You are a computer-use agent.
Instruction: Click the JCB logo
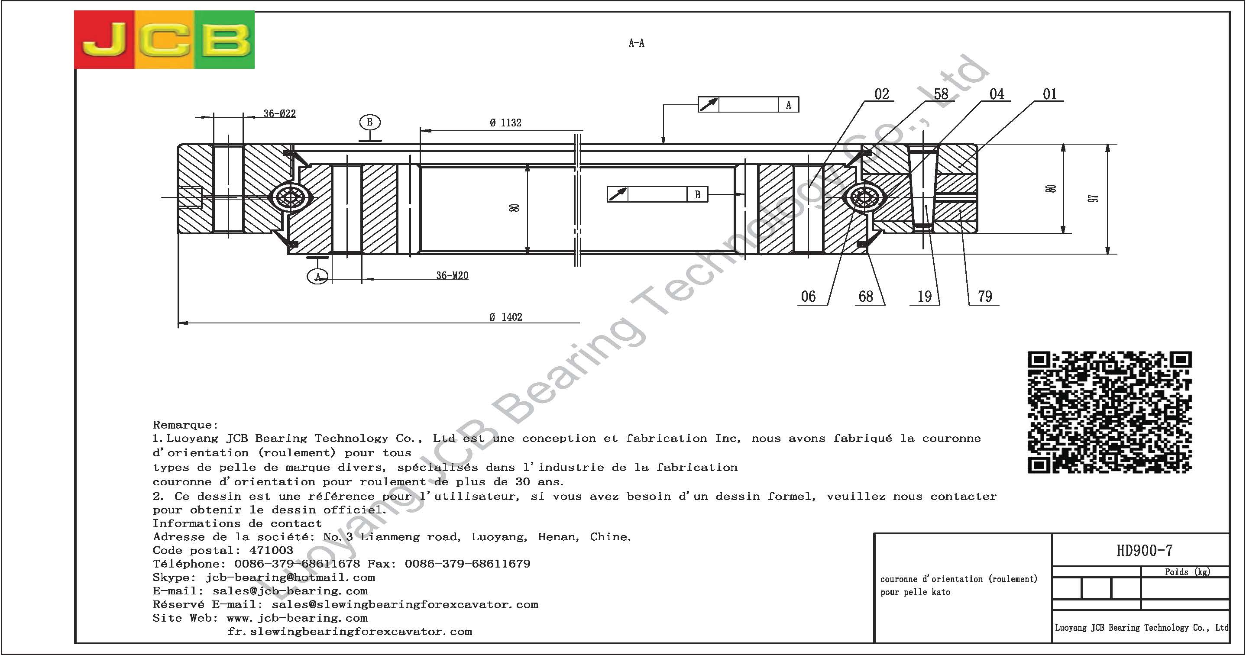click(x=165, y=40)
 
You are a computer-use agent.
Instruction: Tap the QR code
click(x=1109, y=412)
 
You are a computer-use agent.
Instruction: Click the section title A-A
click(x=636, y=43)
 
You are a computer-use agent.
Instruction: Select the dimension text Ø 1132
click(x=505, y=123)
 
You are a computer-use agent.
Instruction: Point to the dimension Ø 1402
click(x=505, y=317)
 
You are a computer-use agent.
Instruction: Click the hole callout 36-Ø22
click(x=280, y=113)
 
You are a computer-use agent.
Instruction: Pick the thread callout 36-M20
click(x=452, y=275)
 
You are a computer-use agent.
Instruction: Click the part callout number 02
click(x=881, y=94)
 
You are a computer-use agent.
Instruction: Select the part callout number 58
click(x=941, y=94)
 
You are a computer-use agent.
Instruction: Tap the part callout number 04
click(x=997, y=94)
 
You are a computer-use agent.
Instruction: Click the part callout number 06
click(x=808, y=296)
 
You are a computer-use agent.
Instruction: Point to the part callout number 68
click(x=866, y=296)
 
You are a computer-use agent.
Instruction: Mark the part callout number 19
click(x=924, y=296)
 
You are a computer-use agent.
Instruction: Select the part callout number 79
click(x=985, y=296)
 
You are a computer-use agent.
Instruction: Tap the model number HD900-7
click(x=1144, y=550)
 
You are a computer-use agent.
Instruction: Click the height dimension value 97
click(x=1093, y=198)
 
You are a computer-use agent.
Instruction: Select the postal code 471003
click(x=272, y=550)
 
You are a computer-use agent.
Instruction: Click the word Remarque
click(x=185, y=425)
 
